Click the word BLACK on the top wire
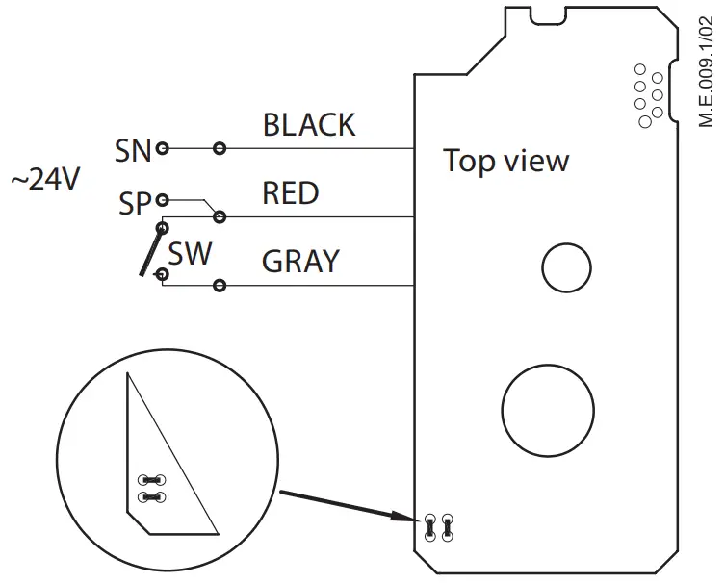[309, 125]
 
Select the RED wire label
[291, 193]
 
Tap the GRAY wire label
[300, 261]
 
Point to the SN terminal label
[134, 149]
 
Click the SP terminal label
[136, 203]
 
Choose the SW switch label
[190, 254]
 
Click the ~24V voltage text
[44, 180]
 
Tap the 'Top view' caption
[505, 161]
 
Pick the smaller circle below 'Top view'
[566, 266]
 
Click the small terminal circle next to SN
[163, 148]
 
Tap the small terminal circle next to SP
[163, 200]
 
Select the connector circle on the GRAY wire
[220, 285]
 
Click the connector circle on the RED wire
[220, 216]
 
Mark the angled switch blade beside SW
[152, 252]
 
